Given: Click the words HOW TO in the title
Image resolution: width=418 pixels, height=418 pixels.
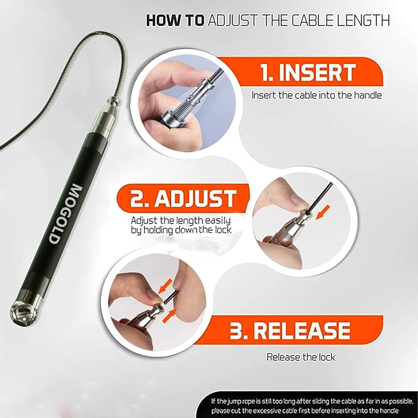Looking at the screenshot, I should tap(175, 20).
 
